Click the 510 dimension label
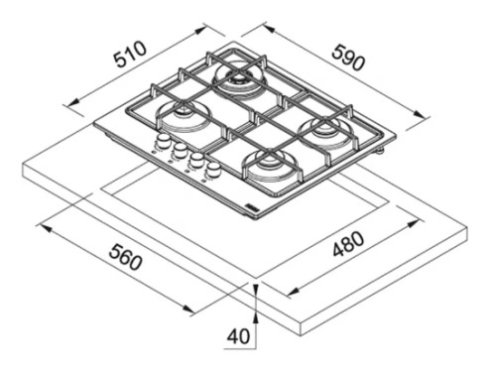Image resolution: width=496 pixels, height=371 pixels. pos(130,54)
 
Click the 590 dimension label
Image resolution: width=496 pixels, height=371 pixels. pos(349,58)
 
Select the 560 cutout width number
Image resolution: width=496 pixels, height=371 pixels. pos(126,257)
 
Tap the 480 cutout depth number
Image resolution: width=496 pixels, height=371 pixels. pos(348,245)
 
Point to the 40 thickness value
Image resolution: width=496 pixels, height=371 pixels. pos(238,336)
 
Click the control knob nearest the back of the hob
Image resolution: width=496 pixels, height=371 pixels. pos(163,140)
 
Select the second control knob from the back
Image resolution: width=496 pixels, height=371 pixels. pos(180,150)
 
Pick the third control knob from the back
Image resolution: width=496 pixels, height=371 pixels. pos(196,160)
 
